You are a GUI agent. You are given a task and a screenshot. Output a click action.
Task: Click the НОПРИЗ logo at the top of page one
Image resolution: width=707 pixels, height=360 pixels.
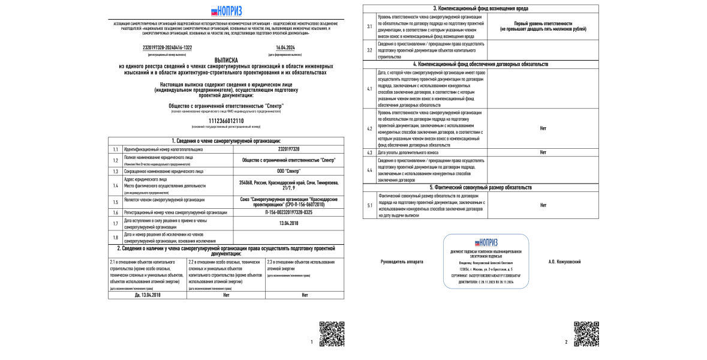coord(226,11)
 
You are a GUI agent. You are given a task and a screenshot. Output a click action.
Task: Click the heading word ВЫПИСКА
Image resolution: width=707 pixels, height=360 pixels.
coord(226,60)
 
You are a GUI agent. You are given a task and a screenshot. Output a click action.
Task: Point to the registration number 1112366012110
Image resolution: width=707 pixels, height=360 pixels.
coord(226,121)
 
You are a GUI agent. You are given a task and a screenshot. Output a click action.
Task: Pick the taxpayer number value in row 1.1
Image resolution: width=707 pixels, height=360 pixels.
coord(288,149)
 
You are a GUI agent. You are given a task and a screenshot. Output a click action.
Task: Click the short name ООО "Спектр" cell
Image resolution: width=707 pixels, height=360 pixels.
coord(288,171)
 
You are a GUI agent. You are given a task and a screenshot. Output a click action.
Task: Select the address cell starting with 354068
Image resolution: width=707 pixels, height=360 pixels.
coord(288,185)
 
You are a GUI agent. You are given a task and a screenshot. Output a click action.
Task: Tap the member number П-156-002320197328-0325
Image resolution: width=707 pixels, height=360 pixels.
coord(288,212)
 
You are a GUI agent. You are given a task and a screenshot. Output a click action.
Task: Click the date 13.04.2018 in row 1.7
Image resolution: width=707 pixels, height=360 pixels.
coord(288,223)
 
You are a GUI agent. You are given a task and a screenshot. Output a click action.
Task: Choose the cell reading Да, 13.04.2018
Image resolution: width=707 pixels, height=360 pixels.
coord(148,295)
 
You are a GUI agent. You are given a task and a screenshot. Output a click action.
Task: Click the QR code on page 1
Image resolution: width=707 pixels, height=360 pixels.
coord(332,334)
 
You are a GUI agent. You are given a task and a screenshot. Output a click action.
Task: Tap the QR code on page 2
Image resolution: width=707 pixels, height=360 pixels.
coord(586,334)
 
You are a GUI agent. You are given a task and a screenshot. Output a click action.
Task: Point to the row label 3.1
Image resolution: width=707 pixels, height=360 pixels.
coord(369,26)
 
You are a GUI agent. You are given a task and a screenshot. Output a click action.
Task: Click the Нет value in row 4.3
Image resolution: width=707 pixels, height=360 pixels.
coord(543,152)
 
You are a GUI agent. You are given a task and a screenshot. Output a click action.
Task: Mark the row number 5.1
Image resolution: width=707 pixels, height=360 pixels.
coord(369,205)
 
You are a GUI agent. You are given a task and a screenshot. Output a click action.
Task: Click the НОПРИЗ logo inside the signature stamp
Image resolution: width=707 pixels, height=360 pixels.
coord(487,243)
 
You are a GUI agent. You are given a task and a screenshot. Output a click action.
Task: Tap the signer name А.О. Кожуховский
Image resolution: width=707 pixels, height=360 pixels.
coord(564,262)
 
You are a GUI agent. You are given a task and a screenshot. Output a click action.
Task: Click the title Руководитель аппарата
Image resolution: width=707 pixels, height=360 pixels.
coord(402,262)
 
